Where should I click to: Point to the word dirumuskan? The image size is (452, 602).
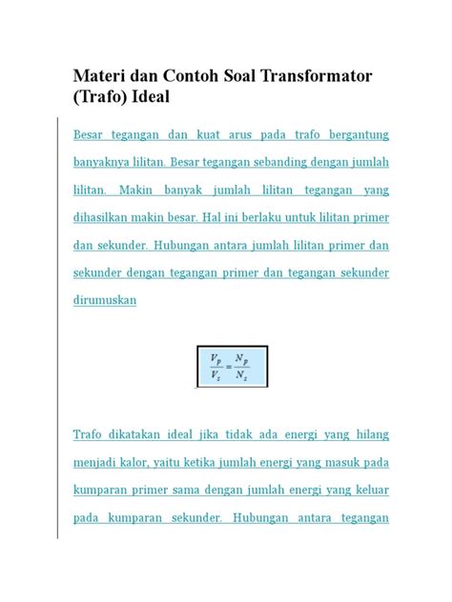tap(105, 300)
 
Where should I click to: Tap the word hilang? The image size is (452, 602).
tap(369, 435)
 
